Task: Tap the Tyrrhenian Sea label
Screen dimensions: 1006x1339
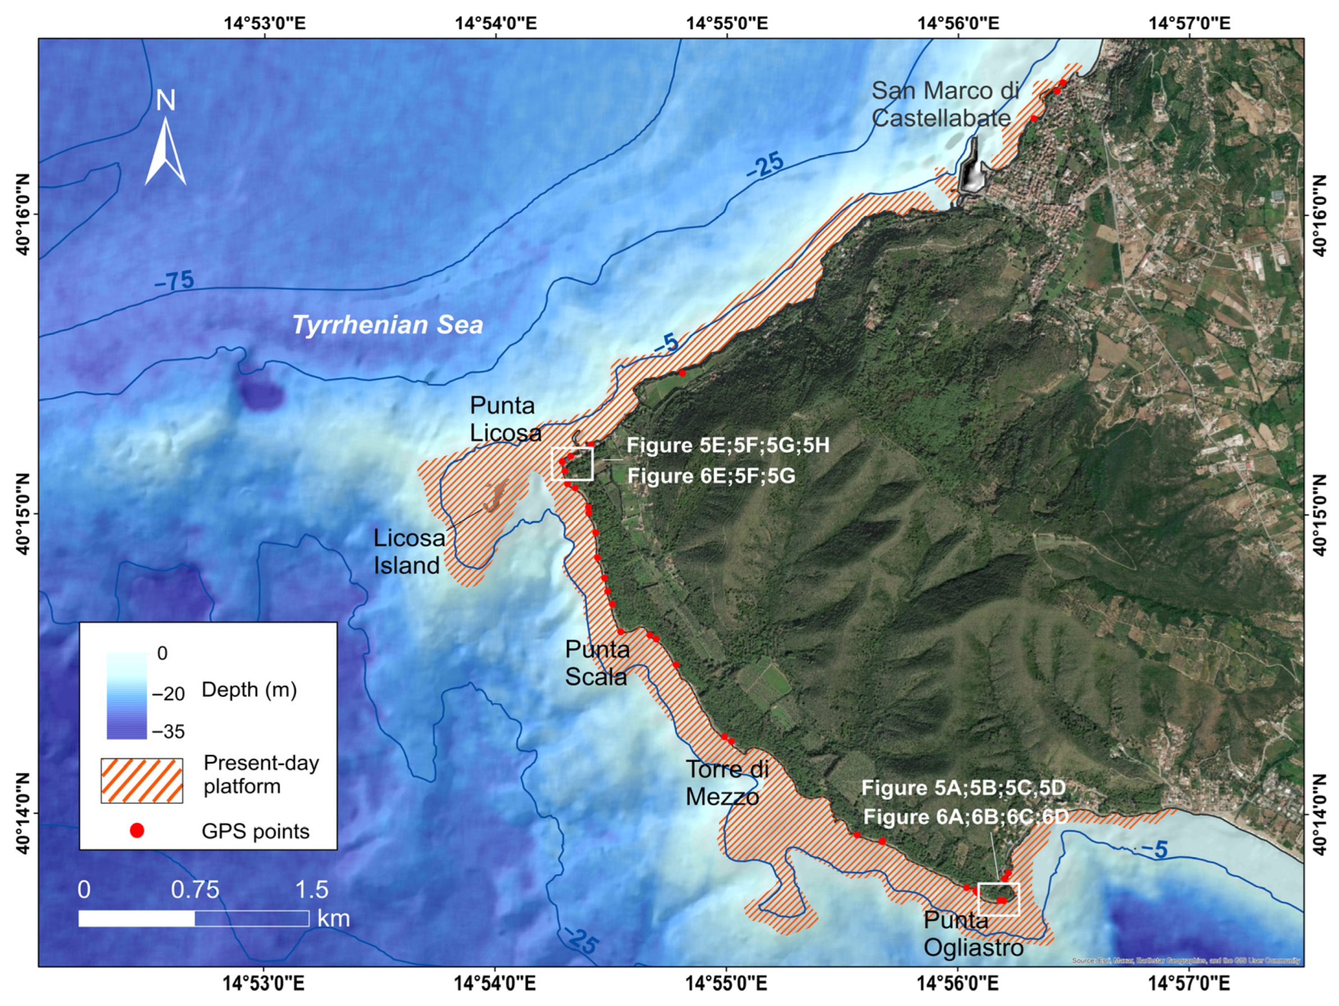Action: coord(387,325)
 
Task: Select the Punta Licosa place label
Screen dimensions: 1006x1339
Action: coord(506,419)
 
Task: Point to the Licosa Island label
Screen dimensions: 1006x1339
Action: coord(409,552)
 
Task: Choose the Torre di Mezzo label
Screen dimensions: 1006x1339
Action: coord(726,783)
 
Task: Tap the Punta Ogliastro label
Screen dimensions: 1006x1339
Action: coord(973,934)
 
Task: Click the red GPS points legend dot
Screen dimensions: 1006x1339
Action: coord(137,830)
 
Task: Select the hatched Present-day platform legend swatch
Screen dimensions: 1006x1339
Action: coord(141,780)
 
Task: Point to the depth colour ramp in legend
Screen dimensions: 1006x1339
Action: coord(126,695)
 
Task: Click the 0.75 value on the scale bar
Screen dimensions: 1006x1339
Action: coord(195,890)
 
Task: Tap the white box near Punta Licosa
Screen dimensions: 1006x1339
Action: coord(572,464)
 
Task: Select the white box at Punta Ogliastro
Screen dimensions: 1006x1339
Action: coord(999,899)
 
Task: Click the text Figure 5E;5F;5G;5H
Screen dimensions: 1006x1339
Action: coord(728,445)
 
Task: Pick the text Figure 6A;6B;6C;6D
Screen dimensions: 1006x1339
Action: coord(965,816)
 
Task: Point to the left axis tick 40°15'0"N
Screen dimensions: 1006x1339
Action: coord(22,514)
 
